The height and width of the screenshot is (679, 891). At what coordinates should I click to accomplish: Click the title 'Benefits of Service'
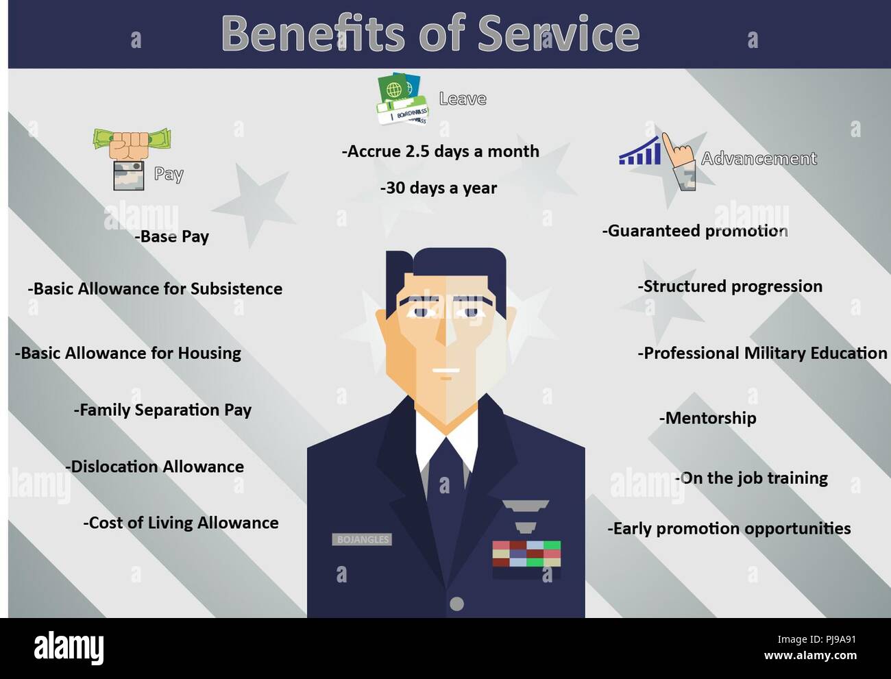430,33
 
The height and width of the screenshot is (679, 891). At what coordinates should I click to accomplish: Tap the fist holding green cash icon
132,142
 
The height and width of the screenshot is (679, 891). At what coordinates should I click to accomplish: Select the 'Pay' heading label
169,174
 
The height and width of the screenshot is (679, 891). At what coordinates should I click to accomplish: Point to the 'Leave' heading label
463,99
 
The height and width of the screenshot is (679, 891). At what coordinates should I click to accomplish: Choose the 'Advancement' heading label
759,159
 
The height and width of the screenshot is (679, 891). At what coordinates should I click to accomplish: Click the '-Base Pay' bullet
172,237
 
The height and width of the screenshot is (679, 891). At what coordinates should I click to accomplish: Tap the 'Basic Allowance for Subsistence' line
155,288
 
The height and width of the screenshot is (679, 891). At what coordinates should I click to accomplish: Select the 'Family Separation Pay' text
163,410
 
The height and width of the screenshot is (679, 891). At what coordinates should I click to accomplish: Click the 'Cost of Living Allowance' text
181,523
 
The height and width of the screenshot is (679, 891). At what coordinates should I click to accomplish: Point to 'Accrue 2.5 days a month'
441,151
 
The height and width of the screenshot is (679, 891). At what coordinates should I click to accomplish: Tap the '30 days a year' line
439,188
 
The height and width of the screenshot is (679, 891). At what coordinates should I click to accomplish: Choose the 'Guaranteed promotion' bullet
695,231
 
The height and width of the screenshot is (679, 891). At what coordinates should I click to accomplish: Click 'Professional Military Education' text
762,353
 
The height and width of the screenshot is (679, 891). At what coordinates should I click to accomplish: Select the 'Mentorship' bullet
708,418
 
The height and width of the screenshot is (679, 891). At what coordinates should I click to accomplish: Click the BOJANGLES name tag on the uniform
363,539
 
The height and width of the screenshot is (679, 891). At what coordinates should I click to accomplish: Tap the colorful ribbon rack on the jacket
526,554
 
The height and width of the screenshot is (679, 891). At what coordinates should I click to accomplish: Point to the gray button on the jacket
456,604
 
